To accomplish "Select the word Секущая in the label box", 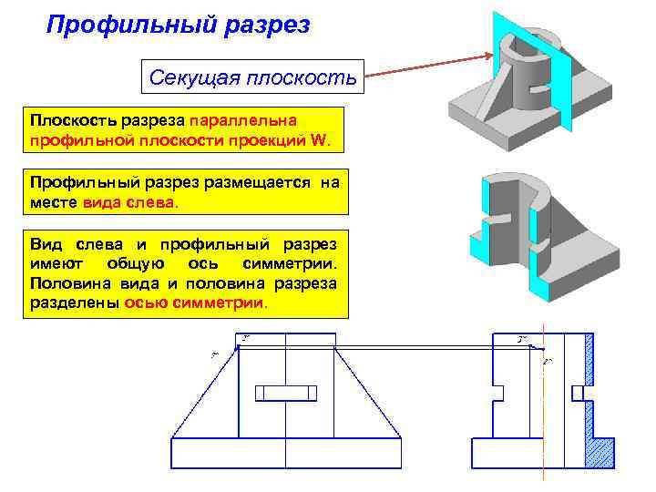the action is [192, 77].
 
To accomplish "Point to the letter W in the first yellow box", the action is [327, 141].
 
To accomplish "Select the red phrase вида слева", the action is [130, 202].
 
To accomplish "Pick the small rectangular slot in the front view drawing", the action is [286, 393].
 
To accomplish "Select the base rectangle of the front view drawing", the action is [286, 453].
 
